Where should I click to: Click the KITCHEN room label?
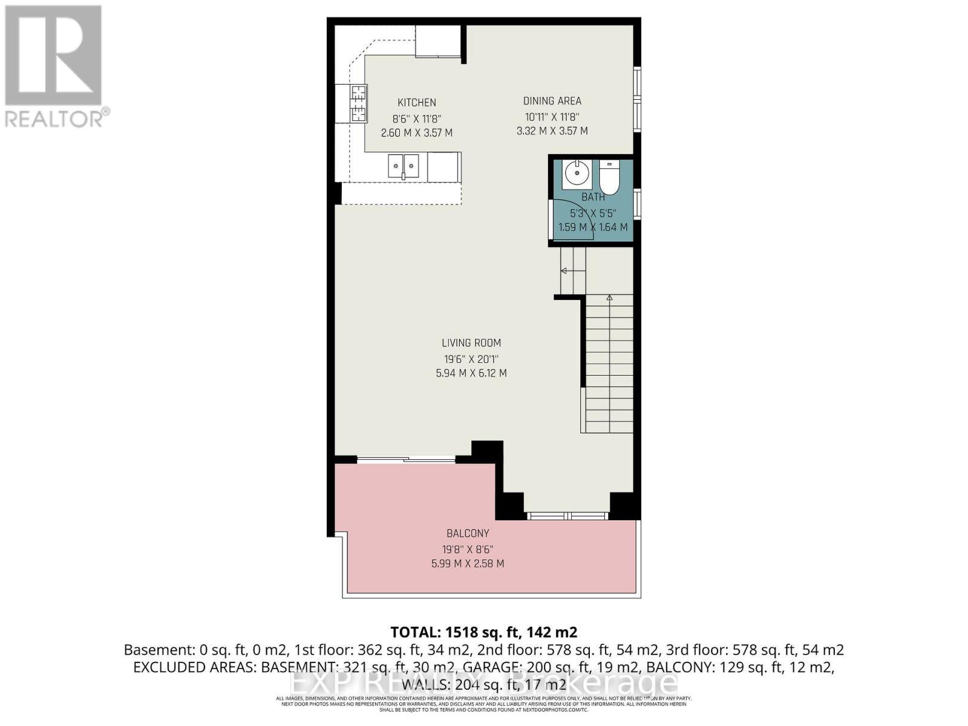point(416,103)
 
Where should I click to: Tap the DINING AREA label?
point(552,101)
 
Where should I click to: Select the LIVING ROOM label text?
point(471,343)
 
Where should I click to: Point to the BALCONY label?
point(468,534)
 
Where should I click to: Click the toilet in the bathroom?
point(609,178)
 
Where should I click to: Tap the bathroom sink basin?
point(577,174)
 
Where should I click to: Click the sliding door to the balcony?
point(405,460)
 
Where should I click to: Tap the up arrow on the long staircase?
point(609,298)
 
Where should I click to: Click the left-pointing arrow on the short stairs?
point(564,271)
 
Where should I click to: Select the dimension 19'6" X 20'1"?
point(471,359)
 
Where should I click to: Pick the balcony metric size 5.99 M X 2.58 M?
point(467,564)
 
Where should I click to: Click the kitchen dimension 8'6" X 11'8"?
point(416,119)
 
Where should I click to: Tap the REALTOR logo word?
point(54,119)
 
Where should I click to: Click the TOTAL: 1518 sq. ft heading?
point(483,632)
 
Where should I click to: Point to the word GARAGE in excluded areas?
point(535,667)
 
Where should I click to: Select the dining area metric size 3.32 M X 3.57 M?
point(552,131)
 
